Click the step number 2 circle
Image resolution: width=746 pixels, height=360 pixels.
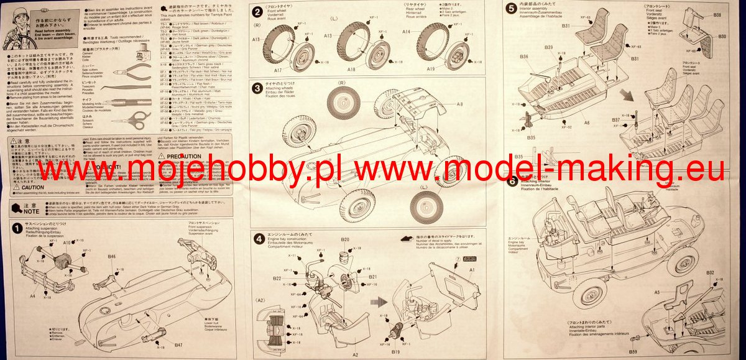pos(257,12)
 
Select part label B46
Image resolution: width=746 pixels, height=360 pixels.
pos(111,256)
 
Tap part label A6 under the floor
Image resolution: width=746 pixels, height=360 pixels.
pos(586,123)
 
